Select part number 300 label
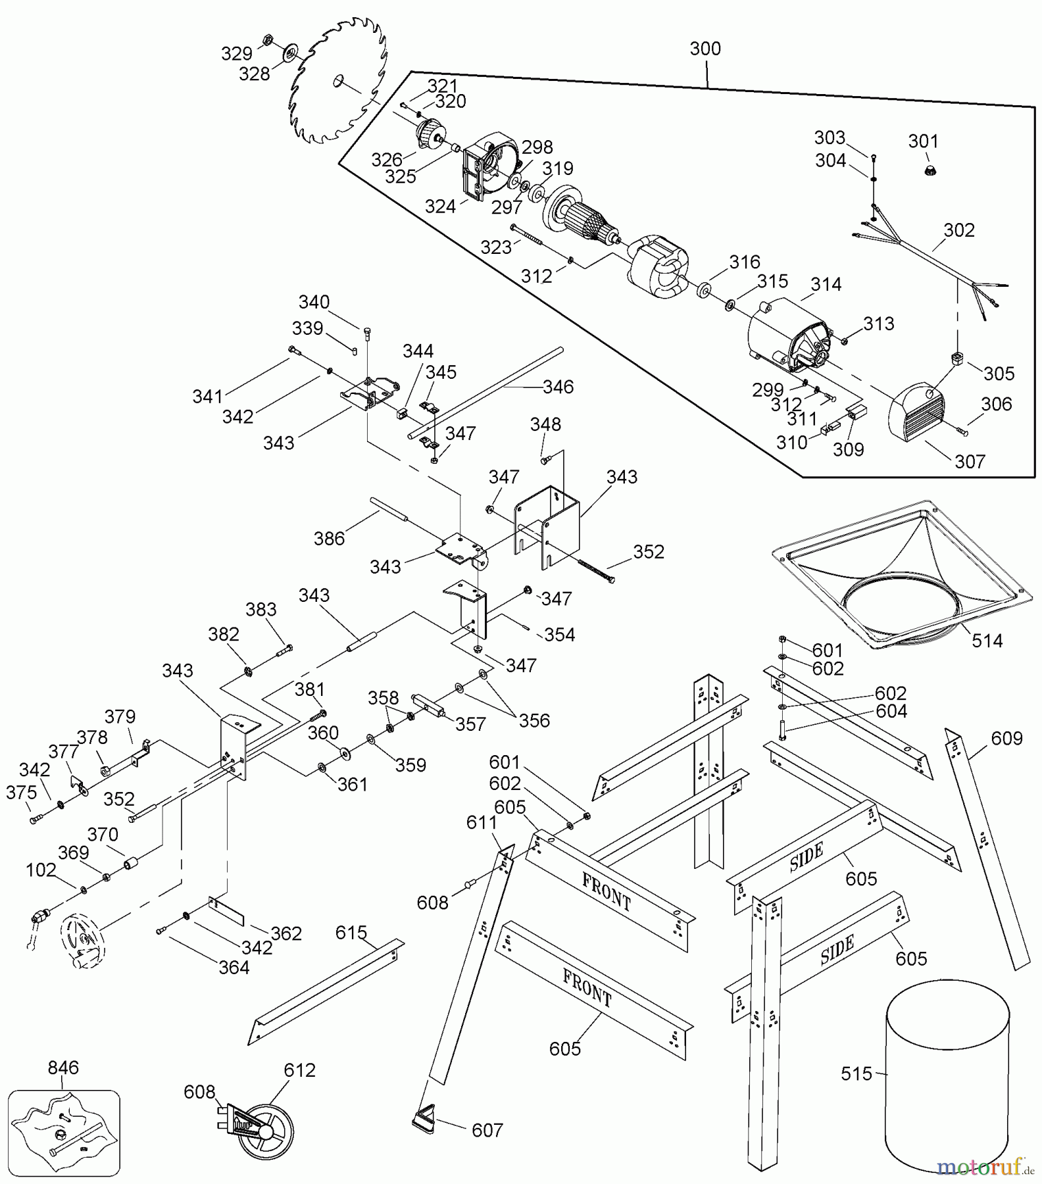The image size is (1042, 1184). click(x=705, y=49)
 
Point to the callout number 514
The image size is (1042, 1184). click(x=987, y=640)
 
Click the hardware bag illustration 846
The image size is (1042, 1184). click(x=64, y=1133)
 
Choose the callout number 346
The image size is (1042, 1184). click(x=558, y=387)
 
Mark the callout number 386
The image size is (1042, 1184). click(x=329, y=538)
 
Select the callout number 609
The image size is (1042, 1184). click(x=1006, y=739)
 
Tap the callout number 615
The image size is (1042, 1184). click(x=351, y=933)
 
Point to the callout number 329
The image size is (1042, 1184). click(x=236, y=54)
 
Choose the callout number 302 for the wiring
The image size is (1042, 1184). click(x=958, y=230)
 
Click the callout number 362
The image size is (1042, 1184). click(x=286, y=933)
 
